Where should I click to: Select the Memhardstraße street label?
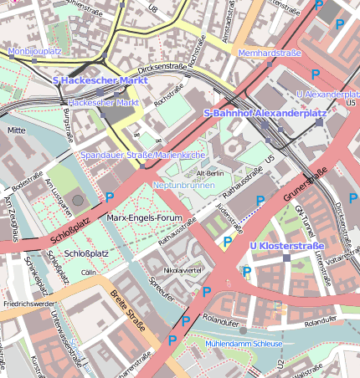pyautogui.click(x=269, y=53)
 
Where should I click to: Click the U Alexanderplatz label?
pyautogui.click(x=327, y=95)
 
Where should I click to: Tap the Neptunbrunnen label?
pyautogui.click(x=183, y=184)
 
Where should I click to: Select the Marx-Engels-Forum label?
pyautogui.click(x=145, y=217)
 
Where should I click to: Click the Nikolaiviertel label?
pyautogui.click(x=183, y=271)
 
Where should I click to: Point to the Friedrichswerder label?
pyautogui.click(x=27, y=304)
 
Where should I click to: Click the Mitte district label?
pyautogui.click(x=16, y=130)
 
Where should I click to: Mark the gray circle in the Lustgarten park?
pyautogui.click(x=78, y=200)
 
